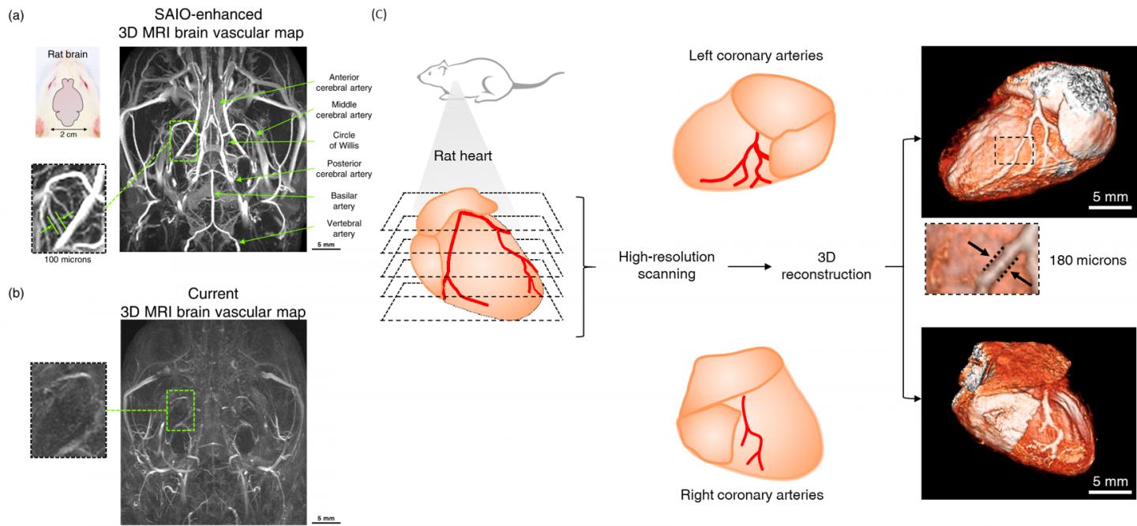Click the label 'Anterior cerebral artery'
click(343, 82)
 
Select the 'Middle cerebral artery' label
click(343, 109)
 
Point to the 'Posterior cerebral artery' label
click(343, 168)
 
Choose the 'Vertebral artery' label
click(343, 229)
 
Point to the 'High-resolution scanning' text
click(667, 266)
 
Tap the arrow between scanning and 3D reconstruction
click(750, 267)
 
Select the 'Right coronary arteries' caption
click(752, 495)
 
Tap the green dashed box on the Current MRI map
click(181, 410)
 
